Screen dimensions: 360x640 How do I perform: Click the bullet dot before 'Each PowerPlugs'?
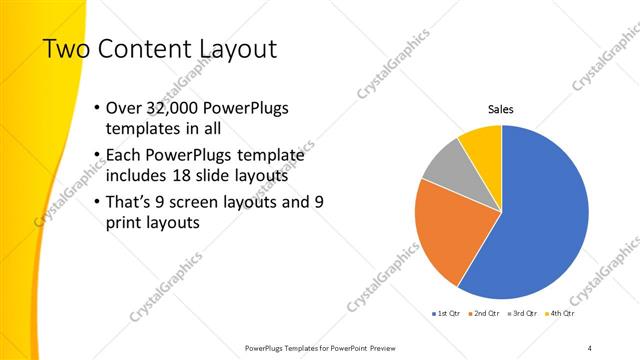[x=95, y=156]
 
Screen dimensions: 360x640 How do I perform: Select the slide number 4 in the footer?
[x=589, y=347]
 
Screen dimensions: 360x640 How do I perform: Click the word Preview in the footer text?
[x=380, y=347]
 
